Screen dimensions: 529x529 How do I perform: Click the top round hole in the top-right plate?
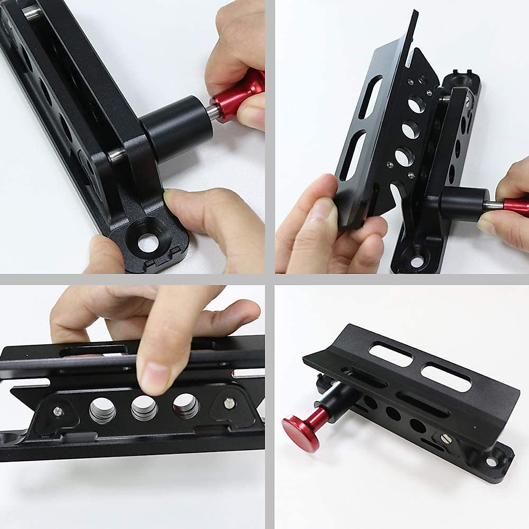pyautogui.click(x=414, y=104)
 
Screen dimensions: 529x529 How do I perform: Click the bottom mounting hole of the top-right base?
pyautogui.click(x=414, y=254)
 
